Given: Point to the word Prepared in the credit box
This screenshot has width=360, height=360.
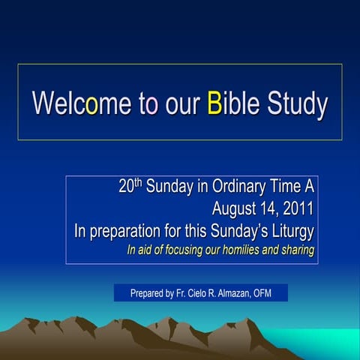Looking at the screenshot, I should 147,293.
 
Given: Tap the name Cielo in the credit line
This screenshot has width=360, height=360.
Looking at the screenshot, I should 199,293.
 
